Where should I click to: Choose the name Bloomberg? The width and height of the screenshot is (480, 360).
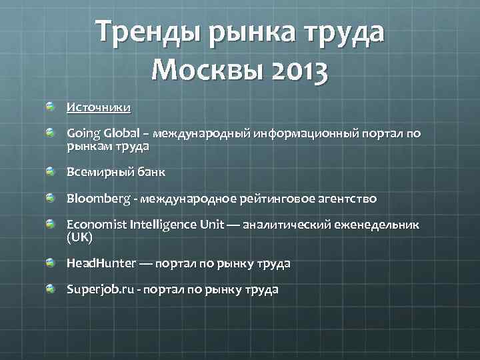tap(95, 199)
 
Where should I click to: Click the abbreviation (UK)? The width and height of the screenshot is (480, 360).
tap(79, 237)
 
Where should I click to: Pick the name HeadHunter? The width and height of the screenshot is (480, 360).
tap(99, 263)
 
